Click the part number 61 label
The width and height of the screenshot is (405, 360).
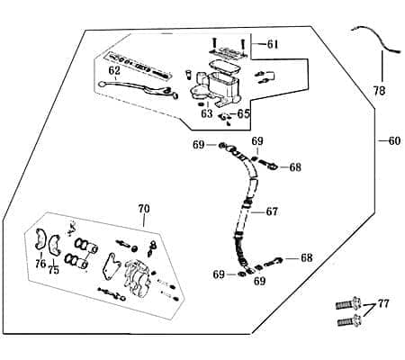point(273,44)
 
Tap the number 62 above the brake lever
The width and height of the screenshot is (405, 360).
point(114,71)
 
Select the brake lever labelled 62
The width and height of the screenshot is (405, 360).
point(138,88)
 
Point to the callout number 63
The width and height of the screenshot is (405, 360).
point(207,113)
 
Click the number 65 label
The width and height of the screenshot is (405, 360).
point(244,113)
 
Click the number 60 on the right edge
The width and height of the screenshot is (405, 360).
point(394,140)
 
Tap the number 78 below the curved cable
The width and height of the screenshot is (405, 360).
point(380,90)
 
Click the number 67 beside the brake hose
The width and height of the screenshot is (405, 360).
point(272,211)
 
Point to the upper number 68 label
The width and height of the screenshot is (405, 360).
point(295,167)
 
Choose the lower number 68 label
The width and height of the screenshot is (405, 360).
point(306,257)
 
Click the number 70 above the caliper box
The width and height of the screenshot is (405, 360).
point(144,209)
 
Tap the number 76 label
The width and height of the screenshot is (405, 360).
point(40,264)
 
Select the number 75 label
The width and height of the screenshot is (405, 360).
point(53,270)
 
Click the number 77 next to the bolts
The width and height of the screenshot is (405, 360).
point(383,304)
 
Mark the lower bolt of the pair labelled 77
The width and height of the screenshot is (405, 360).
point(349,321)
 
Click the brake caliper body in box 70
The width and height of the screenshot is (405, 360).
point(137,276)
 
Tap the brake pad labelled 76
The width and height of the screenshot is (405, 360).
point(40,239)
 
